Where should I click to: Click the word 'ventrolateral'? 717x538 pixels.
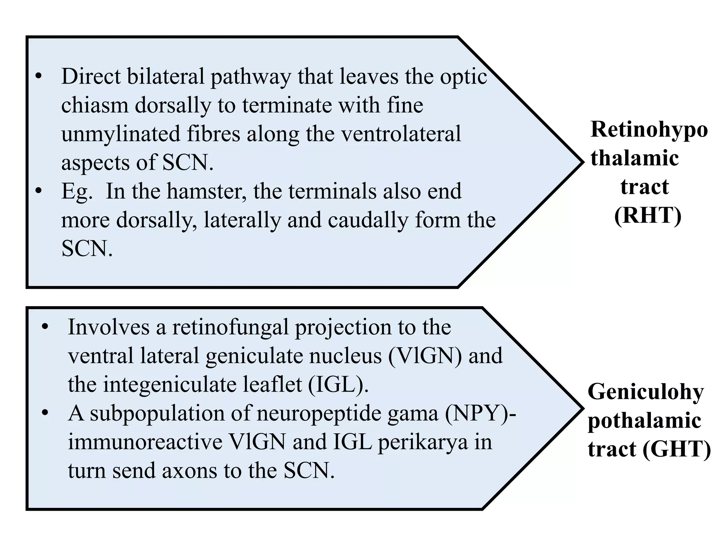(x=401, y=134)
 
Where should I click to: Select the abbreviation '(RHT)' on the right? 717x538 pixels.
(x=648, y=215)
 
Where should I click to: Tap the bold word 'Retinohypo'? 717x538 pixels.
(x=649, y=129)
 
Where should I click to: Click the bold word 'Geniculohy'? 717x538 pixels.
(x=646, y=392)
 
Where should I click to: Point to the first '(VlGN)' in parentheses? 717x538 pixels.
(x=425, y=356)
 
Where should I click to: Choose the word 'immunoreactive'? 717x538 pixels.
(x=145, y=442)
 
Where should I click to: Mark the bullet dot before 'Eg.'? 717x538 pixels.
(x=39, y=191)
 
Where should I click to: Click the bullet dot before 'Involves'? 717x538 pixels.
(x=45, y=327)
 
